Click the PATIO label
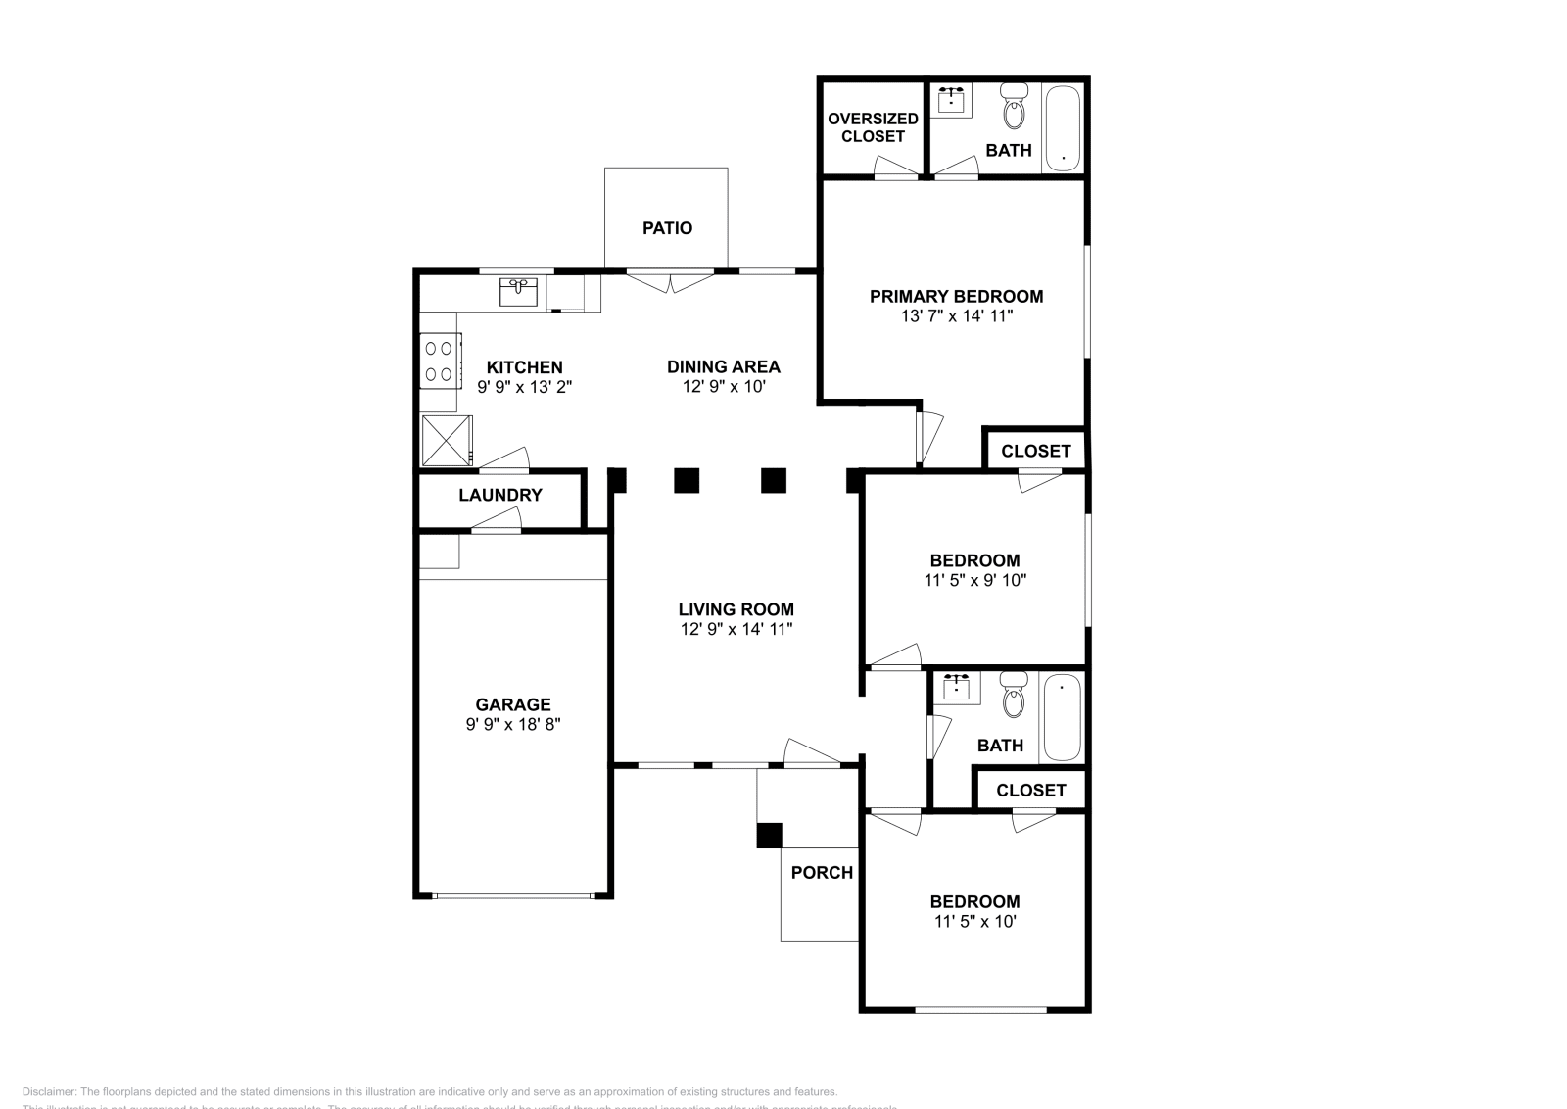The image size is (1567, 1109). click(667, 228)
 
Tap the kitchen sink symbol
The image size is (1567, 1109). click(518, 291)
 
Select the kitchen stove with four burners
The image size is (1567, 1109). click(440, 361)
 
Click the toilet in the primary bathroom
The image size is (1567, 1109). click(1014, 109)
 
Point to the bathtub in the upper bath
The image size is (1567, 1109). click(1063, 128)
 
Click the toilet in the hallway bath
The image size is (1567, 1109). click(1013, 695)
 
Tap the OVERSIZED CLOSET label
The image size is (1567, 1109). click(873, 127)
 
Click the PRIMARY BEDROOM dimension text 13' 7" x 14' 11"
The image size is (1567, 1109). click(956, 316)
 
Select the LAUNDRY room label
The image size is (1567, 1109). click(499, 495)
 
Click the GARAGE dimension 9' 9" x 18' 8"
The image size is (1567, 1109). click(513, 725)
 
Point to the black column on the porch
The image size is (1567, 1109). click(770, 835)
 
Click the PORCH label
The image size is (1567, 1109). click(822, 873)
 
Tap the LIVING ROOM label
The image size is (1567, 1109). click(736, 609)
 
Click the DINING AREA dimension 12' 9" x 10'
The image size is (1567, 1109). click(723, 387)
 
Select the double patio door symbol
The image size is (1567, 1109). click(670, 279)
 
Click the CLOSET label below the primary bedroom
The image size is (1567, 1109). click(1035, 451)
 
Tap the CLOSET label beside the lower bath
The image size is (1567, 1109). click(1030, 790)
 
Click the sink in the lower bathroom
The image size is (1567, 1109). click(956, 688)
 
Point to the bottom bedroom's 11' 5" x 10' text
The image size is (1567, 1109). click(974, 922)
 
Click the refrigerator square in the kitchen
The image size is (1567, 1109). click(446, 440)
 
